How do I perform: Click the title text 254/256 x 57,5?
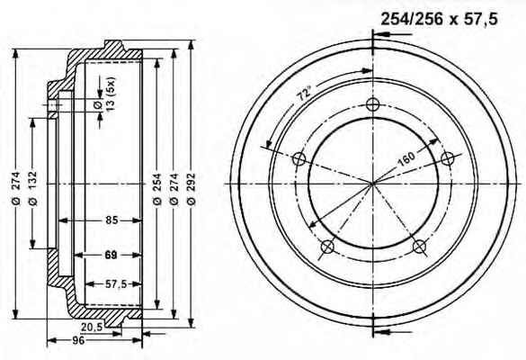pyautogui.click(x=439, y=19)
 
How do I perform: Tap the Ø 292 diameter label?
pyautogui.click(x=191, y=189)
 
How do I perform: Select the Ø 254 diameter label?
pyautogui.click(x=157, y=189)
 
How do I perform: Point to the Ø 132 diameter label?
pyautogui.click(x=33, y=189)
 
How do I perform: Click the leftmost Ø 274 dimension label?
pyautogui.click(x=16, y=189)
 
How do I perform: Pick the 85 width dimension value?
pyautogui.click(x=111, y=220)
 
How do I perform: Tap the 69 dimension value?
pyautogui.click(x=111, y=255)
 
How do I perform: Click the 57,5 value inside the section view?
pyautogui.click(x=116, y=284)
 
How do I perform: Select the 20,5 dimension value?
pyautogui.click(x=92, y=327)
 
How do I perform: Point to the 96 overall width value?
pyautogui.click(x=78, y=340)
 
